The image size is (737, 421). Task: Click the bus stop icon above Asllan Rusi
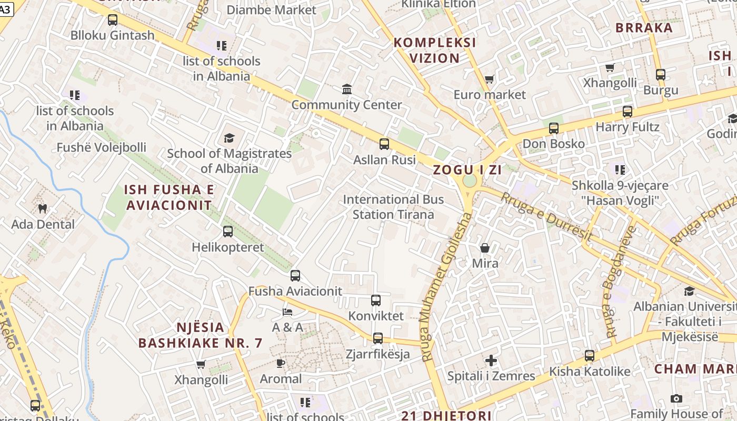(x=384, y=144)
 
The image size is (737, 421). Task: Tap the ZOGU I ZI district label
(x=467, y=170)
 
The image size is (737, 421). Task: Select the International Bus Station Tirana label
(x=393, y=207)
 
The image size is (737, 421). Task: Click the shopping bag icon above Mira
(x=485, y=247)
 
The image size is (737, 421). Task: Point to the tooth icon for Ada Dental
(x=43, y=209)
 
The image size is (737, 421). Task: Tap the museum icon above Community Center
(x=347, y=89)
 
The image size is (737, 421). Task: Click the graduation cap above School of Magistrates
(x=229, y=138)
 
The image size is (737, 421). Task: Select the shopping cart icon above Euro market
(x=490, y=79)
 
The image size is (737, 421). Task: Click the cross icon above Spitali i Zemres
(x=491, y=360)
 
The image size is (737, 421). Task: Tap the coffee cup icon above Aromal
(x=281, y=363)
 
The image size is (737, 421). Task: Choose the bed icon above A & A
(x=287, y=312)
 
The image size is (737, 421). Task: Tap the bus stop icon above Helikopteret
(x=228, y=232)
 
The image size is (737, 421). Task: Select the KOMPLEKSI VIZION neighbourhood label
(x=435, y=51)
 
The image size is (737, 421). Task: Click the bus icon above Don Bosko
(x=553, y=128)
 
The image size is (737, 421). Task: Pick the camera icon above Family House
(x=676, y=398)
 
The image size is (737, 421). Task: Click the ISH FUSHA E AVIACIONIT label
(x=169, y=197)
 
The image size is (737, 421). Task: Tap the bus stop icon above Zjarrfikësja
(x=378, y=338)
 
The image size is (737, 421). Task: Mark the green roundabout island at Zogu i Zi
(x=469, y=181)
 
